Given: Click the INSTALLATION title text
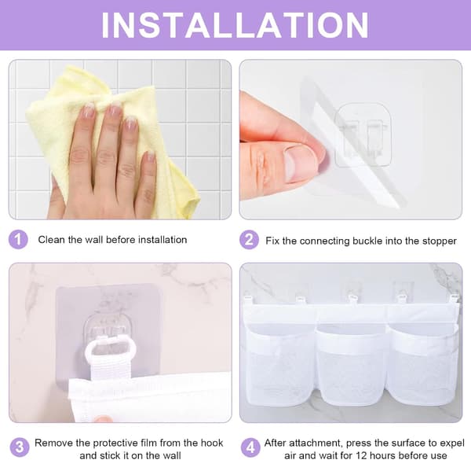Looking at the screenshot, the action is pyautogui.click(x=235, y=25).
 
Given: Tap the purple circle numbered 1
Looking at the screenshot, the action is pyautogui.click(x=18, y=240).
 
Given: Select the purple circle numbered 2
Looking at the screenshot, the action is pyautogui.click(x=249, y=240).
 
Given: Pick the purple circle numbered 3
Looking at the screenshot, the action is pyautogui.click(x=20, y=447).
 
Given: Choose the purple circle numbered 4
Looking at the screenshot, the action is pyautogui.click(x=250, y=447).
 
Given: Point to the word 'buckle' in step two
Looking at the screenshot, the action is pyautogui.click(x=367, y=241).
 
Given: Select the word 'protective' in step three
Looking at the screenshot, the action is pyautogui.click(x=125, y=443).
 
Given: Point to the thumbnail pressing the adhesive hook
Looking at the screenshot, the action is pyautogui.click(x=298, y=164).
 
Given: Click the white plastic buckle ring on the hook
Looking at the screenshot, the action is pyautogui.click(x=111, y=348).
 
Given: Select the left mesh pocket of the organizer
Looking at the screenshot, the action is pyautogui.click(x=281, y=361).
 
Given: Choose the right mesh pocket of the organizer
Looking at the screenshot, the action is pyautogui.click(x=422, y=364).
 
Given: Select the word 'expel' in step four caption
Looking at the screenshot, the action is pyautogui.click(x=452, y=443).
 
